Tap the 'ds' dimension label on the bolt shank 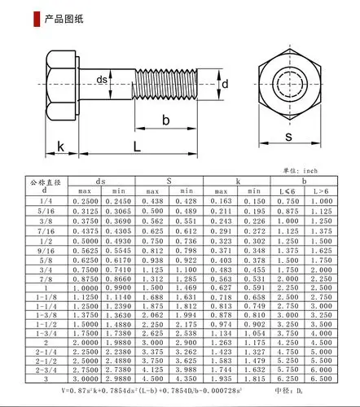[102, 79]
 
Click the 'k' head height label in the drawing [37, 147]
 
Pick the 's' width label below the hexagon [288, 138]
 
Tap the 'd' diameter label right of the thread [226, 84]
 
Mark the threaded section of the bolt [166, 81]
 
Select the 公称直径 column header [45, 185]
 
